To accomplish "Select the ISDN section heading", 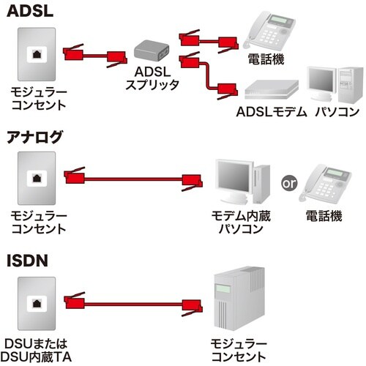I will [26, 260].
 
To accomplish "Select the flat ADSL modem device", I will [271, 89].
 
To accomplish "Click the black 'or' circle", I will [288, 182].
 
